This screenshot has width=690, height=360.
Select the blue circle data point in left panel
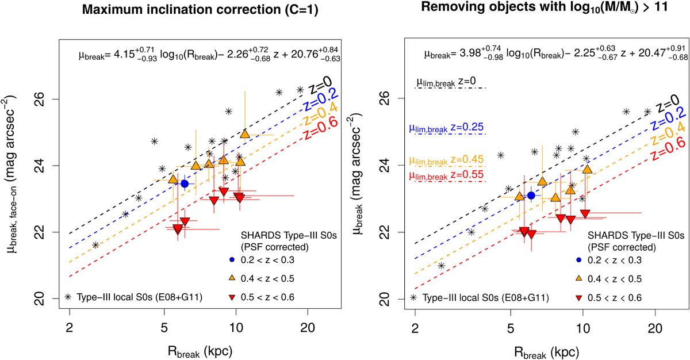tap(185, 183)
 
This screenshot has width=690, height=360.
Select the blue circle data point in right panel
tap(531, 196)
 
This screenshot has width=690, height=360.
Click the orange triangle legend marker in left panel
tap(228, 278)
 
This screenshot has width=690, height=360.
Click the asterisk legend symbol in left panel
tap(68, 297)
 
